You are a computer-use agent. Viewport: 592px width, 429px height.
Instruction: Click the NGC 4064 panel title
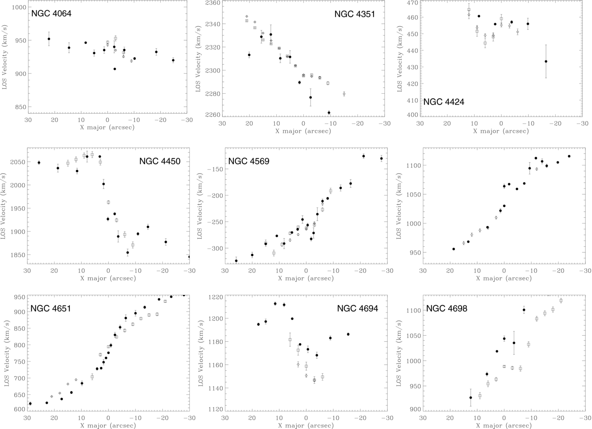tap(51, 13)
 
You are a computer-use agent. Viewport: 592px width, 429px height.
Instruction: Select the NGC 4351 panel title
tap(355, 14)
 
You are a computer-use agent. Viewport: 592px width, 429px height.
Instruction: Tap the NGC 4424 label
tap(444, 102)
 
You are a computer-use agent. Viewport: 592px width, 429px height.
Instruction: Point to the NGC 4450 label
tap(160, 161)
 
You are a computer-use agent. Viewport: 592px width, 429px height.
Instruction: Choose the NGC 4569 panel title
tap(249, 161)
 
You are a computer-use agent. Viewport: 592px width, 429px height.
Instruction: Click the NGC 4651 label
tap(51, 308)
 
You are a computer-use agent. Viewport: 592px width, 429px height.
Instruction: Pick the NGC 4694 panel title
tap(357, 308)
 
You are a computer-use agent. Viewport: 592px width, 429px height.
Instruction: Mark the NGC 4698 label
tap(447, 308)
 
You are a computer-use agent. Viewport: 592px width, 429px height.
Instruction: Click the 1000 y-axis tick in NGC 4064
tap(19, 7)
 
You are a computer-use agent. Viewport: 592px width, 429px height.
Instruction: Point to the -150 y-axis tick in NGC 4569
tap(214, 169)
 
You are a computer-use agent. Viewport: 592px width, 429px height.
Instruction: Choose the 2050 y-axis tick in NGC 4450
tap(18, 162)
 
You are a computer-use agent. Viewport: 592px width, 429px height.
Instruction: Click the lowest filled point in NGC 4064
tap(115, 69)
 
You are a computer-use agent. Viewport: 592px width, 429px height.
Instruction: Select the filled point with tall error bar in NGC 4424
tap(546, 62)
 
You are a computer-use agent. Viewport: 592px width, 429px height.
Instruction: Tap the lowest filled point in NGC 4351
tap(329, 113)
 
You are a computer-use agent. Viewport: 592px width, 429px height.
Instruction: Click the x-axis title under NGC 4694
tap(306, 426)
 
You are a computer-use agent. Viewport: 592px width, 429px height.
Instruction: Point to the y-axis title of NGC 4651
tap(6, 353)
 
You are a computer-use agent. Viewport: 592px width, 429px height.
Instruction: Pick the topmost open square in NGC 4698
tap(561, 301)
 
